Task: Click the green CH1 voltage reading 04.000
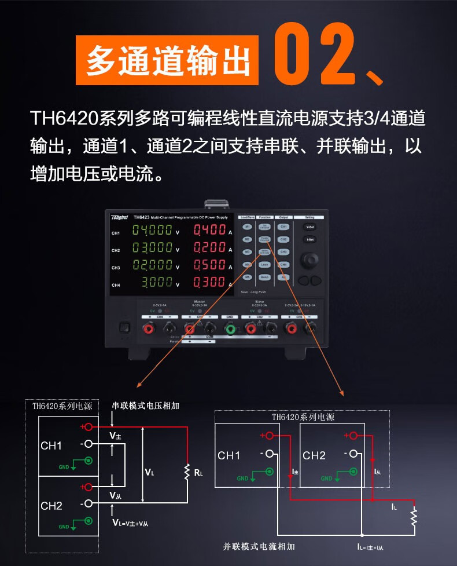pos(152,230)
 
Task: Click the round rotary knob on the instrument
pos(309,258)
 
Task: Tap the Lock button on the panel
pos(264,264)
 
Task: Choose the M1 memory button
pos(247,227)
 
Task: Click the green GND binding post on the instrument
pos(230,330)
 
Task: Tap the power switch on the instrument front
pos(123,327)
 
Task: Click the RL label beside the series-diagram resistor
pos(198,473)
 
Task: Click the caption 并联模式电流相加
pos(259,546)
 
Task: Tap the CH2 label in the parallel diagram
pos(314,455)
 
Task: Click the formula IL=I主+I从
pos(378,545)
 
